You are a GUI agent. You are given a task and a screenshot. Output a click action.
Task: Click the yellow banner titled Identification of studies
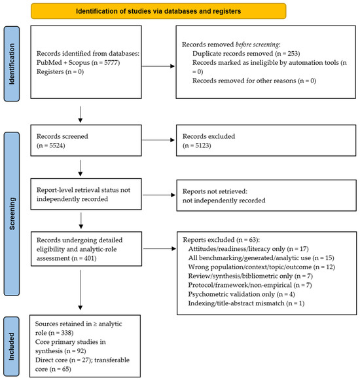pyautogui.click(x=158, y=11)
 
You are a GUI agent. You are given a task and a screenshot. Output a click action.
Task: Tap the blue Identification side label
pyautogui.click(x=12, y=64)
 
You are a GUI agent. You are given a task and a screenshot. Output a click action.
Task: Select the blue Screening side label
pyautogui.click(x=12, y=214)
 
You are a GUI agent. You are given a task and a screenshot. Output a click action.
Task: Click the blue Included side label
pyautogui.click(x=12, y=346)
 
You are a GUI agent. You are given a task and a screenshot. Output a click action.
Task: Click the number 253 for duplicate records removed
pyautogui.click(x=293, y=53)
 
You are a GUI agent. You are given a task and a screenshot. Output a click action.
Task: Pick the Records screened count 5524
pyautogui.click(x=57, y=145)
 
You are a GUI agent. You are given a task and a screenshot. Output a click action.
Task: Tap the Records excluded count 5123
pyautogui.click(x=203, y=145)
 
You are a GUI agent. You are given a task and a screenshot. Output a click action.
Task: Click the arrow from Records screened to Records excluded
pyautogui.click(x=158, y=140)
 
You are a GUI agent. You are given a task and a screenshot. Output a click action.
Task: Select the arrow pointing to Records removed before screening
pyautogui.click(x=158, y=66)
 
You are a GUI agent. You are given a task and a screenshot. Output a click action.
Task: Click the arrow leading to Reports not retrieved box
pyautogui.click(x=159, y=195)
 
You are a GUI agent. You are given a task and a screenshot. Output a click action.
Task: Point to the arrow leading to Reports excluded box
pyautogui.click(x=160, y=248)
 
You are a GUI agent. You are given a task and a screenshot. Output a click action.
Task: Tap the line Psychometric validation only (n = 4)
pyautogui.click(x=242, y=294)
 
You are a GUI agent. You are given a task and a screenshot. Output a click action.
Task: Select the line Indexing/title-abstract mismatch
pyautogui.click(x=246, y=303)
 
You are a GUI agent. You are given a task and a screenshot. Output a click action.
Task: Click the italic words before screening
pyautogui.click(x=257, y=45)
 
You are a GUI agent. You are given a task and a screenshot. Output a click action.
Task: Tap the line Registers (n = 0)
pyautogui.click(x=60, y=71)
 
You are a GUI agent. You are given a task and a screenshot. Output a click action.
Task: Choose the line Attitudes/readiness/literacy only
pyautogui.click(x=248, y=249)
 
